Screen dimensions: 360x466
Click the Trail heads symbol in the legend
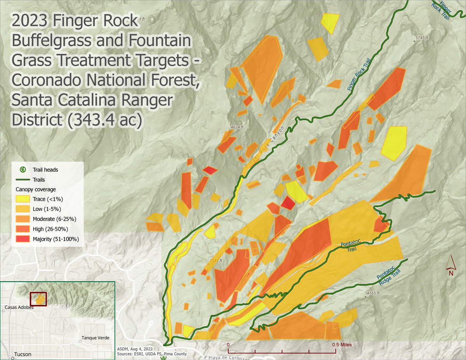point(23,170)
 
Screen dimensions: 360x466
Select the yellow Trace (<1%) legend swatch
point(23,199)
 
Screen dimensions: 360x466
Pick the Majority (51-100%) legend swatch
point(23,239)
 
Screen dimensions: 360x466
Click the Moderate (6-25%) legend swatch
point(23,219)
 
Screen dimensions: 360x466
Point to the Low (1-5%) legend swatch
point(23,209)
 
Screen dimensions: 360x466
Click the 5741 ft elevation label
point(421,38)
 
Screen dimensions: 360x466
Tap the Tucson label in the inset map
point(22,354)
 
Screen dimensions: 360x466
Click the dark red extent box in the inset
point(38,299)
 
